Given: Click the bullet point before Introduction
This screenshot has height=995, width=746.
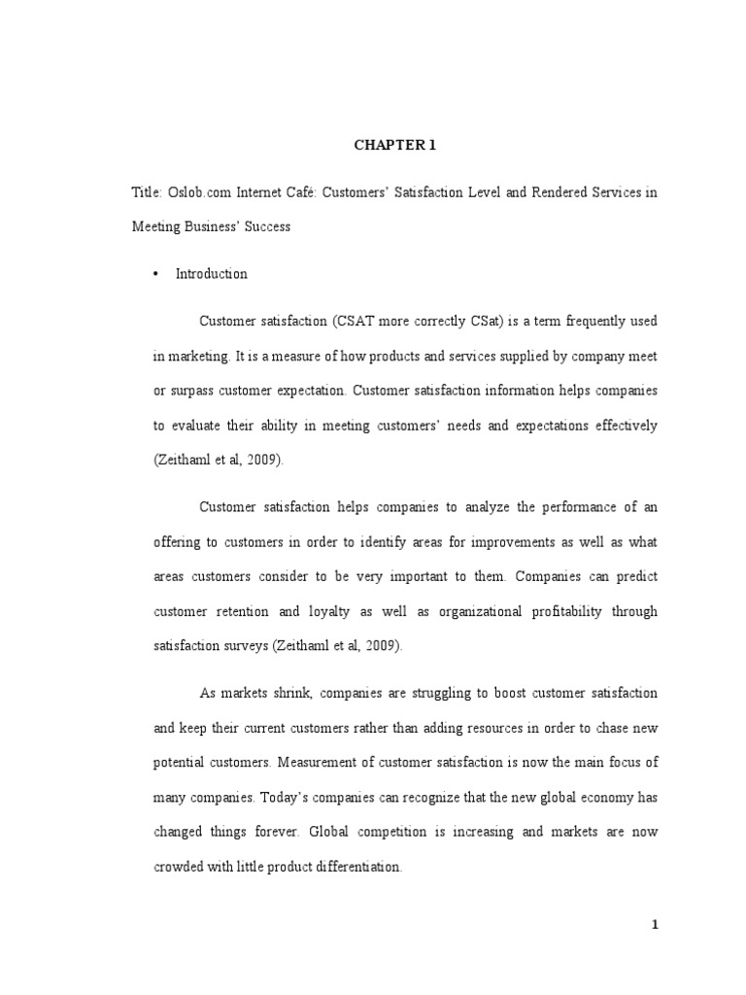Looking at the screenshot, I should click(x=155, y=274).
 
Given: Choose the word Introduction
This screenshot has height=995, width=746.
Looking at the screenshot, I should click(x=211, y=274).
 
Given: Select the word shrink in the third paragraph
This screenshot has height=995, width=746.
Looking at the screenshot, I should click(x=290, y=694).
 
